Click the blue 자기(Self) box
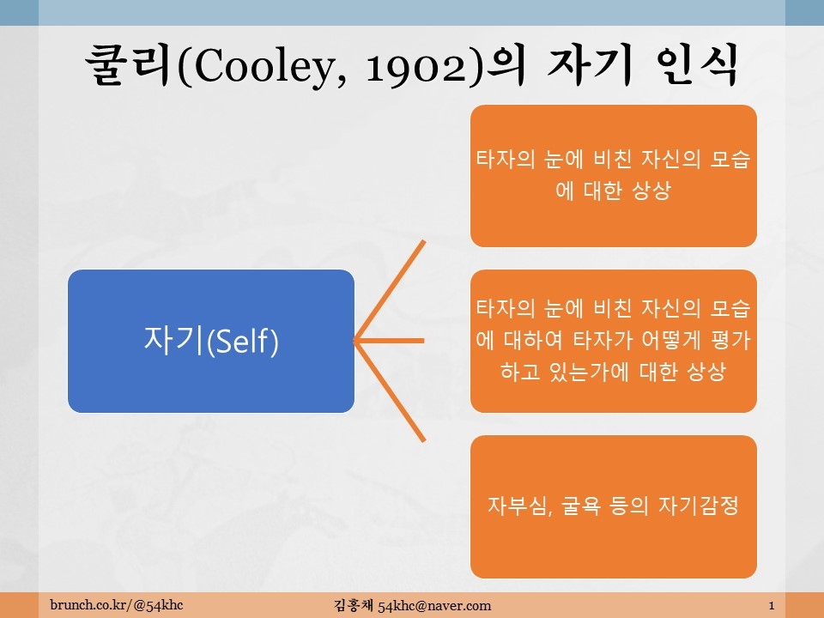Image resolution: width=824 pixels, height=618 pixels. [x=211, y=341]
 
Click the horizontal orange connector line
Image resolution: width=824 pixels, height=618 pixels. [x=391, y=341]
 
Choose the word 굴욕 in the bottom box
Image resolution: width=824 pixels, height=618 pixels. [x=570, y=506]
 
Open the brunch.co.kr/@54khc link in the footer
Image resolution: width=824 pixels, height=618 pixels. [x=117, y=606]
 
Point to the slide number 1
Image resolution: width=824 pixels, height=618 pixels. [x=772, y=606]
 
